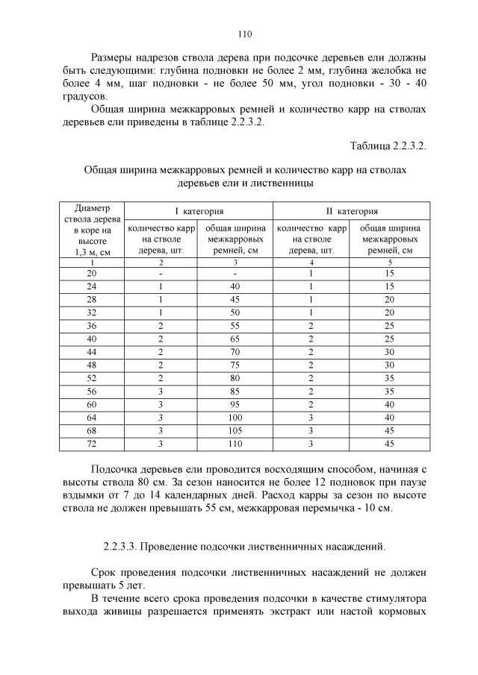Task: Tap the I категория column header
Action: tap(199, 212)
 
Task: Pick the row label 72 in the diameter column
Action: tap(92, 445)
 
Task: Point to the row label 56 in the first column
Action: tap(92, 391)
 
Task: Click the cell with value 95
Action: tap(235, 404)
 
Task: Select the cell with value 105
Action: tap(235, 431)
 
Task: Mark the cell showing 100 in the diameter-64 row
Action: tap(235, 418)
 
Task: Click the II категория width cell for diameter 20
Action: tap(389, 274)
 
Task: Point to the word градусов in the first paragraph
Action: tap(84, 97)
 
